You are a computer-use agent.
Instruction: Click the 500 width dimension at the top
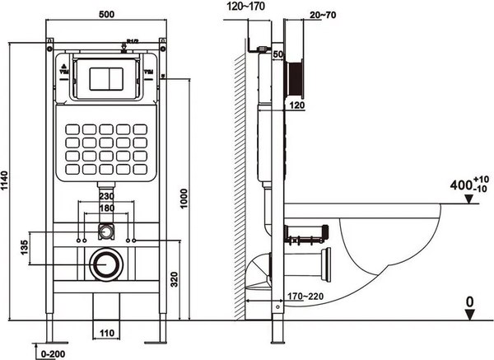pyautogui.click(x=105, y=15)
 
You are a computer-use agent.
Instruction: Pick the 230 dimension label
pyautogui.click(x=107, y=197)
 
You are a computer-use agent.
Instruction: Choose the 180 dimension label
pyautogui.click(x=107, y=209)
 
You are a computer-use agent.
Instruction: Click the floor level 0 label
pyautogui.click(x=469, y=303)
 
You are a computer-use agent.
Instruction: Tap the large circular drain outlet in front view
pyautogui.click(x=105, y=264)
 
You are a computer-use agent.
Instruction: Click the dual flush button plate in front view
pyautogui.click(x=105, y=77)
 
